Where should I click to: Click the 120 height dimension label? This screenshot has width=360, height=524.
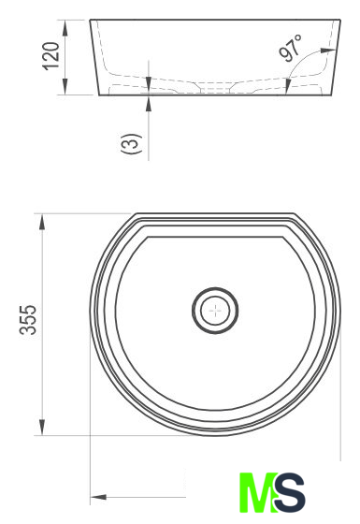coord(51,56)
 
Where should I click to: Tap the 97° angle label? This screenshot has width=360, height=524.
coord(290,49)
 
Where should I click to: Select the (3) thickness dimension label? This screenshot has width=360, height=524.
coord(132,143)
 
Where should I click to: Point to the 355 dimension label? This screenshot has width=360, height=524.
coord(28,320)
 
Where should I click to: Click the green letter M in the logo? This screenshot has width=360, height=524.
coord(258,492)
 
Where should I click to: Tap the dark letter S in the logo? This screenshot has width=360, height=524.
coord(290,492)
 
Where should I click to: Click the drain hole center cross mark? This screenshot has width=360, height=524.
coord(215,311)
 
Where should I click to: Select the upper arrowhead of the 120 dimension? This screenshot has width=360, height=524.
coord(65,28)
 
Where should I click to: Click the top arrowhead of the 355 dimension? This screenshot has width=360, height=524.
coord(42,221)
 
